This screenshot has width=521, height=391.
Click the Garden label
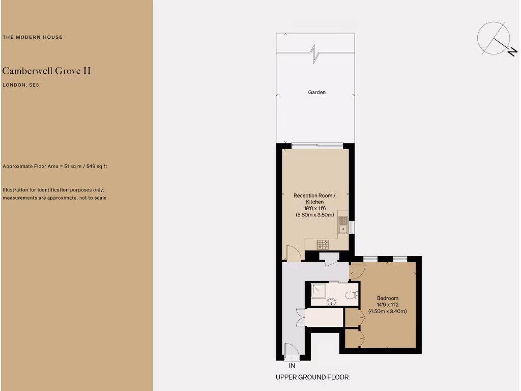point(316,93)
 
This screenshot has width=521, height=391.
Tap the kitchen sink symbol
point(343,225)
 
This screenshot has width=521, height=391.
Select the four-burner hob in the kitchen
point(323,244)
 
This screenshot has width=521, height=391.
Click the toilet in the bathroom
point(351,294)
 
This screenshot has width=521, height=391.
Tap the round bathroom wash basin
point(332,301)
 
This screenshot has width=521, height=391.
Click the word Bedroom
point(387,298)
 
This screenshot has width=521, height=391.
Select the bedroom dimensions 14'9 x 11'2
point(387,304)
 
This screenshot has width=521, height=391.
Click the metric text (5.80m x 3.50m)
point(315,215)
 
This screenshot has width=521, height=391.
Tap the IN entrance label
point(292,366)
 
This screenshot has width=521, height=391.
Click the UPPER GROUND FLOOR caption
point(312,377)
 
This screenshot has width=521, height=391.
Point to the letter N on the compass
point(512,51)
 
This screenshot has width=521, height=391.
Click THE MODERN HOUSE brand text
point(33,37)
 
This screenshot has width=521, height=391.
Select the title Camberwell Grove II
point(47,71)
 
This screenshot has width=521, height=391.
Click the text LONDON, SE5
point(21,85)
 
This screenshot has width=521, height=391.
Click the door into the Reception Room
point(293,254)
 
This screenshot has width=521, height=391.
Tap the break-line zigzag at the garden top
point(315,53)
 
